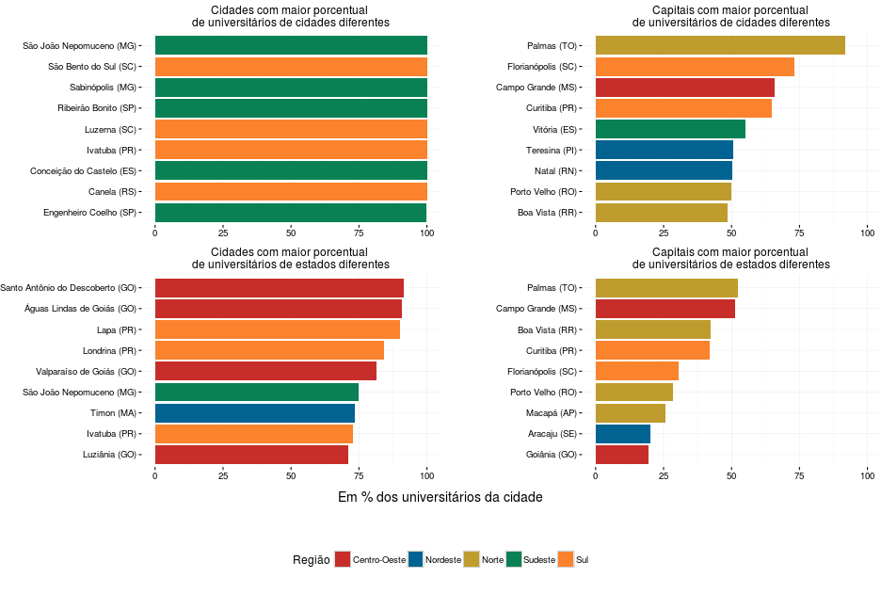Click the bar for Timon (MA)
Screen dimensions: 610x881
point(254,412)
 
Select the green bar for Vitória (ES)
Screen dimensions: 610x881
point(670,129)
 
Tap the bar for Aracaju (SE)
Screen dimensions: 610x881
point(623,433)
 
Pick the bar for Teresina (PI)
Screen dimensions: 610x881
point(665,150)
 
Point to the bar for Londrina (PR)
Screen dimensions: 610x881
point(269,350)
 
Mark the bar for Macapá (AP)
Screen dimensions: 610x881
point(631,412)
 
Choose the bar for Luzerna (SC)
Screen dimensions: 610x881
point(291,129)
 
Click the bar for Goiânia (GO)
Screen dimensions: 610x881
point(622,454)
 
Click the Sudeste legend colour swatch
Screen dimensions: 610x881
point(514,559)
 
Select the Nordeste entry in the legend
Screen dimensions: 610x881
point(443,560)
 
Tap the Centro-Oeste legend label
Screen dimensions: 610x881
point(379,560)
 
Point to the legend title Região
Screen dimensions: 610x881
point(311,560)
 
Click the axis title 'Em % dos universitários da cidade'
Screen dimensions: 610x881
point(440,497)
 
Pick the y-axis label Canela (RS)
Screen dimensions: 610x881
point(111,191)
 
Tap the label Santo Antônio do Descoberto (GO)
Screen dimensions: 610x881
point(69,288)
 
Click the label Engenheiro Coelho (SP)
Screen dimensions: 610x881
point(90,212)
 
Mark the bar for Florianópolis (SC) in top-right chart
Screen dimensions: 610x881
point(695,67)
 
